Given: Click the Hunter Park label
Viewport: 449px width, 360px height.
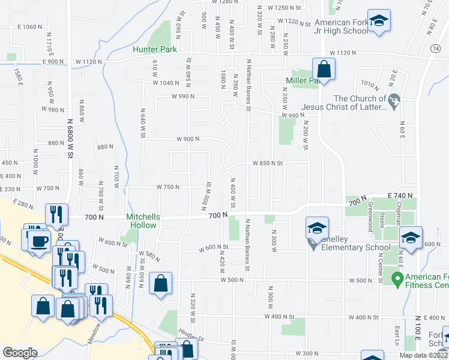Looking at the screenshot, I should [x=155, y=49].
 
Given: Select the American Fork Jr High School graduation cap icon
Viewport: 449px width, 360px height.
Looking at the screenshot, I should [x=379, y=22].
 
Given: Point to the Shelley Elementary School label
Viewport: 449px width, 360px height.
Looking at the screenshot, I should [x=351, y=247].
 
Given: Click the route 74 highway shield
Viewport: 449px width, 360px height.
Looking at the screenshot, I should [x=435, y=47].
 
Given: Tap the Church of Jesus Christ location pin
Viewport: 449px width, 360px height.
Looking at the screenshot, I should [x=394, y=99].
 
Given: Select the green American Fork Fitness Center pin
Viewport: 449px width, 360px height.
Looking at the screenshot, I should [x=396, y=278].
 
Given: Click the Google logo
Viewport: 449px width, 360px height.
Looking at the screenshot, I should [x=20, y=353].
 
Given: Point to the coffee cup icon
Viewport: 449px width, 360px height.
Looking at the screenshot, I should [x=40, y=241].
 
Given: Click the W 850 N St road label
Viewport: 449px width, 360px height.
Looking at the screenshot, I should [x=267, y=163].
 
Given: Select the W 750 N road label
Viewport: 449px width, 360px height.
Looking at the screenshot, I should [x=168, y=187].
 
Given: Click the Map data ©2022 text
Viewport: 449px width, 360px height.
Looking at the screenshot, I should [x=424, y=355].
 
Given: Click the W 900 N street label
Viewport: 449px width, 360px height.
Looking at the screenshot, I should [x=188, y=139].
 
